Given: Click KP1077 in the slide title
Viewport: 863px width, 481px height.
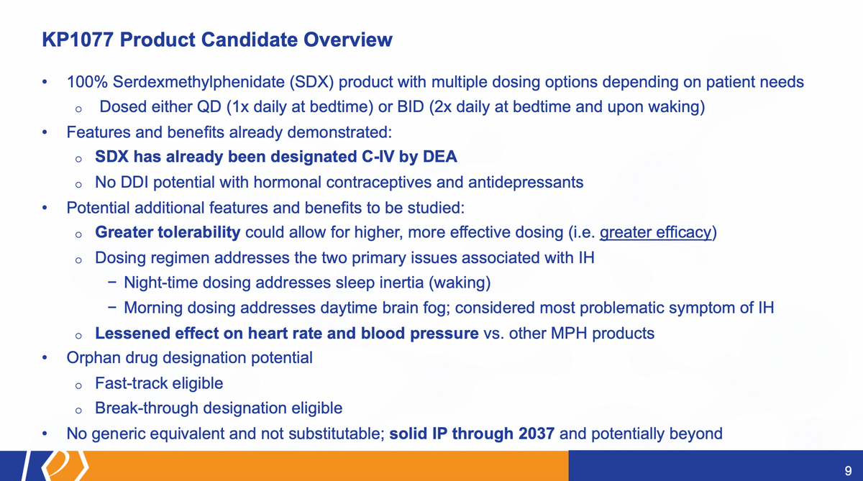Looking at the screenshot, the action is coord(78,40).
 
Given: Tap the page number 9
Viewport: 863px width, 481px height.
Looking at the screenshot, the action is coord(848,471).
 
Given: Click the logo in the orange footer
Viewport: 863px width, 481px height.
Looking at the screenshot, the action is coord(65,466).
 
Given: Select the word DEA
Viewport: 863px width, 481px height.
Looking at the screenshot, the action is coord(440,157).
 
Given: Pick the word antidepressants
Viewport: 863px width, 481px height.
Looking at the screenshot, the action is coord(526,183).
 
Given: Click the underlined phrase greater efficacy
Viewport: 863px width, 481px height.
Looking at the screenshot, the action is coord(655,232).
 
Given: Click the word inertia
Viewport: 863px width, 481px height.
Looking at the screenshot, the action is coord(401,283).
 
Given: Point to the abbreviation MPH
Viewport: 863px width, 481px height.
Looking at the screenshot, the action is coord(569,333).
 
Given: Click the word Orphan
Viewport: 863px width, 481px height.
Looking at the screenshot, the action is coord(93,358).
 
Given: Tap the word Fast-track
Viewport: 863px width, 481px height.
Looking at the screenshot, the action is coord(131,383).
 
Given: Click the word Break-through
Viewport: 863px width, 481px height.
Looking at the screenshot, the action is coord(147,408).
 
